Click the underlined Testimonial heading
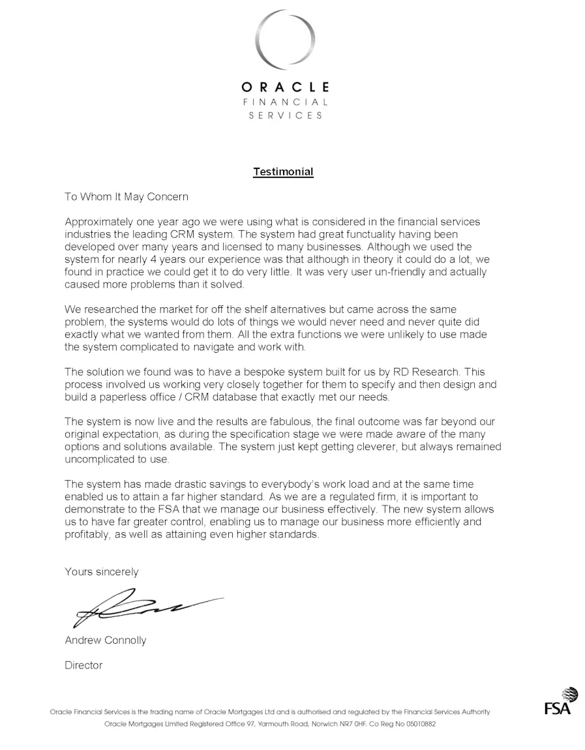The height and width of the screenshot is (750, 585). pos(283,172)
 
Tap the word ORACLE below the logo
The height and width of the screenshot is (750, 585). pos(285,87)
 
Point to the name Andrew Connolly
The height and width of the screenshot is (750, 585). pos(106,640)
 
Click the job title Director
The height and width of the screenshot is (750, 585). pos(83,665)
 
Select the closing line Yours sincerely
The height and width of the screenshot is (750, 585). pos(102,572)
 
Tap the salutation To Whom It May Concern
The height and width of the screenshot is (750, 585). pos(127,196)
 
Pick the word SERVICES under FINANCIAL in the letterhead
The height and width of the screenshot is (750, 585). pos(285,115)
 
